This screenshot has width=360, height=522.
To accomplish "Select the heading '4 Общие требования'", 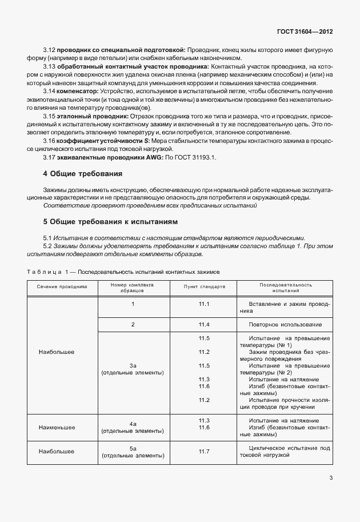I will tap(82, 173).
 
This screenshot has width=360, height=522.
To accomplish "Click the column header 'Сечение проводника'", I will tap(63, 286).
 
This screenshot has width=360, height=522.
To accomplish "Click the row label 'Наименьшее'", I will tap(57, 427).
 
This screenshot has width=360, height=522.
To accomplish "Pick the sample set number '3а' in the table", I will tap(133, 365).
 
